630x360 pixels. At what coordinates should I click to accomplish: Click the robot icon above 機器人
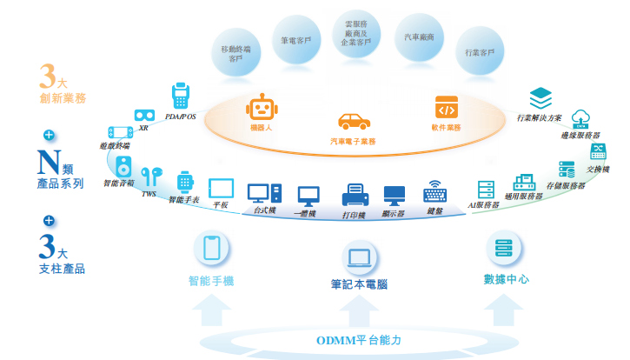tap(262, 107)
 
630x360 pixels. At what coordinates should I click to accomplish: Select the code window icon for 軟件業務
tap(446, 108)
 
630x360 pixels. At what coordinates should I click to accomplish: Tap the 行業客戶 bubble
tap(481, 53)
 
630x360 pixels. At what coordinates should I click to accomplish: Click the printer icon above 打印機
tap(355, 196)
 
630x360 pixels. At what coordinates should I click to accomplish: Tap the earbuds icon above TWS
tap(151, 176)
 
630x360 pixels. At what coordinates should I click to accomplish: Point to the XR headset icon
tap(144, 115)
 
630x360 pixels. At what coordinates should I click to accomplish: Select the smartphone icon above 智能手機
tap(211, 249)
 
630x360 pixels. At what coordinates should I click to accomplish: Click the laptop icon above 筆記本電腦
tap(359, 257)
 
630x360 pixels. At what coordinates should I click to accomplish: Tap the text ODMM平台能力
tap(358, 339)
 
